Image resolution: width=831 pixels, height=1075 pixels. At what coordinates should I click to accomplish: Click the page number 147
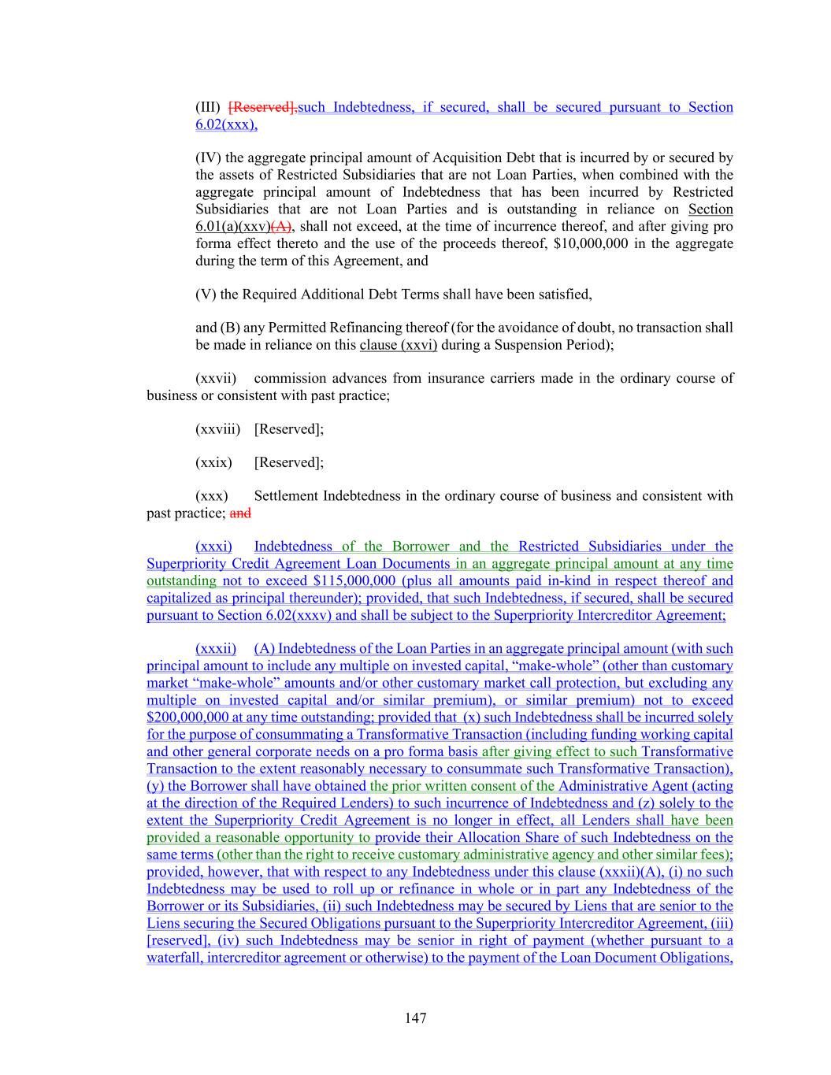pos(415,1018)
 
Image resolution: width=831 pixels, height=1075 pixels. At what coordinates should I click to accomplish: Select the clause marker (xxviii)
pos(217,429)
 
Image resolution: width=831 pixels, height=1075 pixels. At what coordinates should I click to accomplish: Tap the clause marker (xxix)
pos(213,462)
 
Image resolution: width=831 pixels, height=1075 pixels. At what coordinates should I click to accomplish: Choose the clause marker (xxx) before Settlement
pos(212,496)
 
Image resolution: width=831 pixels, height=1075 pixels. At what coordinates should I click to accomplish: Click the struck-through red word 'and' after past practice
pos(240,513)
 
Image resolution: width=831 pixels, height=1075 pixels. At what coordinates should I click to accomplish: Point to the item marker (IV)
pos(208,158)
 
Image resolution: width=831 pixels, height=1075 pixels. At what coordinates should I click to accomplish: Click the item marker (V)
pos(206,295)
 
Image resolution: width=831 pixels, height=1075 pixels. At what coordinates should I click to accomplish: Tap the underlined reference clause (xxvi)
pos(398,345)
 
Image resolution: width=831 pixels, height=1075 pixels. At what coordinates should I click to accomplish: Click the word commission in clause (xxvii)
pos(291,378)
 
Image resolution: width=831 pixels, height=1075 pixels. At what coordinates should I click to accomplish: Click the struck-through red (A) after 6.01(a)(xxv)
pos(282,227)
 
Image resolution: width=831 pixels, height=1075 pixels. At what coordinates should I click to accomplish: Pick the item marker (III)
pos(208,107)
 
